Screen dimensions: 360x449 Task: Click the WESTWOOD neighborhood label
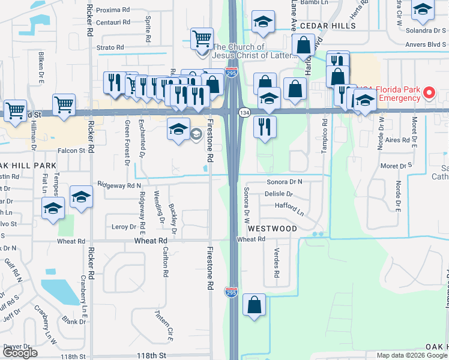[x=272, y=229]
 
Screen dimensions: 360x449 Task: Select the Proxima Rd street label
[x=113, y=10]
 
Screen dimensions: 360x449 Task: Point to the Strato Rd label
[x=111, y=47]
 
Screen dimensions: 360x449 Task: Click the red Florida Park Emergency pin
[x=429, y=92]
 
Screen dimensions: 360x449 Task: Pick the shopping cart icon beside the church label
[x=202, y=39]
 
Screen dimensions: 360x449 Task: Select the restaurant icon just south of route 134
[x=265, y=126]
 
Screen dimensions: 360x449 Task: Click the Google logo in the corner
[x=20, y=353]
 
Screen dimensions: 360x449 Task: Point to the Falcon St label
[x=71, y=151]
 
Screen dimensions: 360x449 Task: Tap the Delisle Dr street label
[x=278, y=194]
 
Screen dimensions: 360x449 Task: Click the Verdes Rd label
[x=276, y=263]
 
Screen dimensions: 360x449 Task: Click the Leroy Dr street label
[x=124, y=227]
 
